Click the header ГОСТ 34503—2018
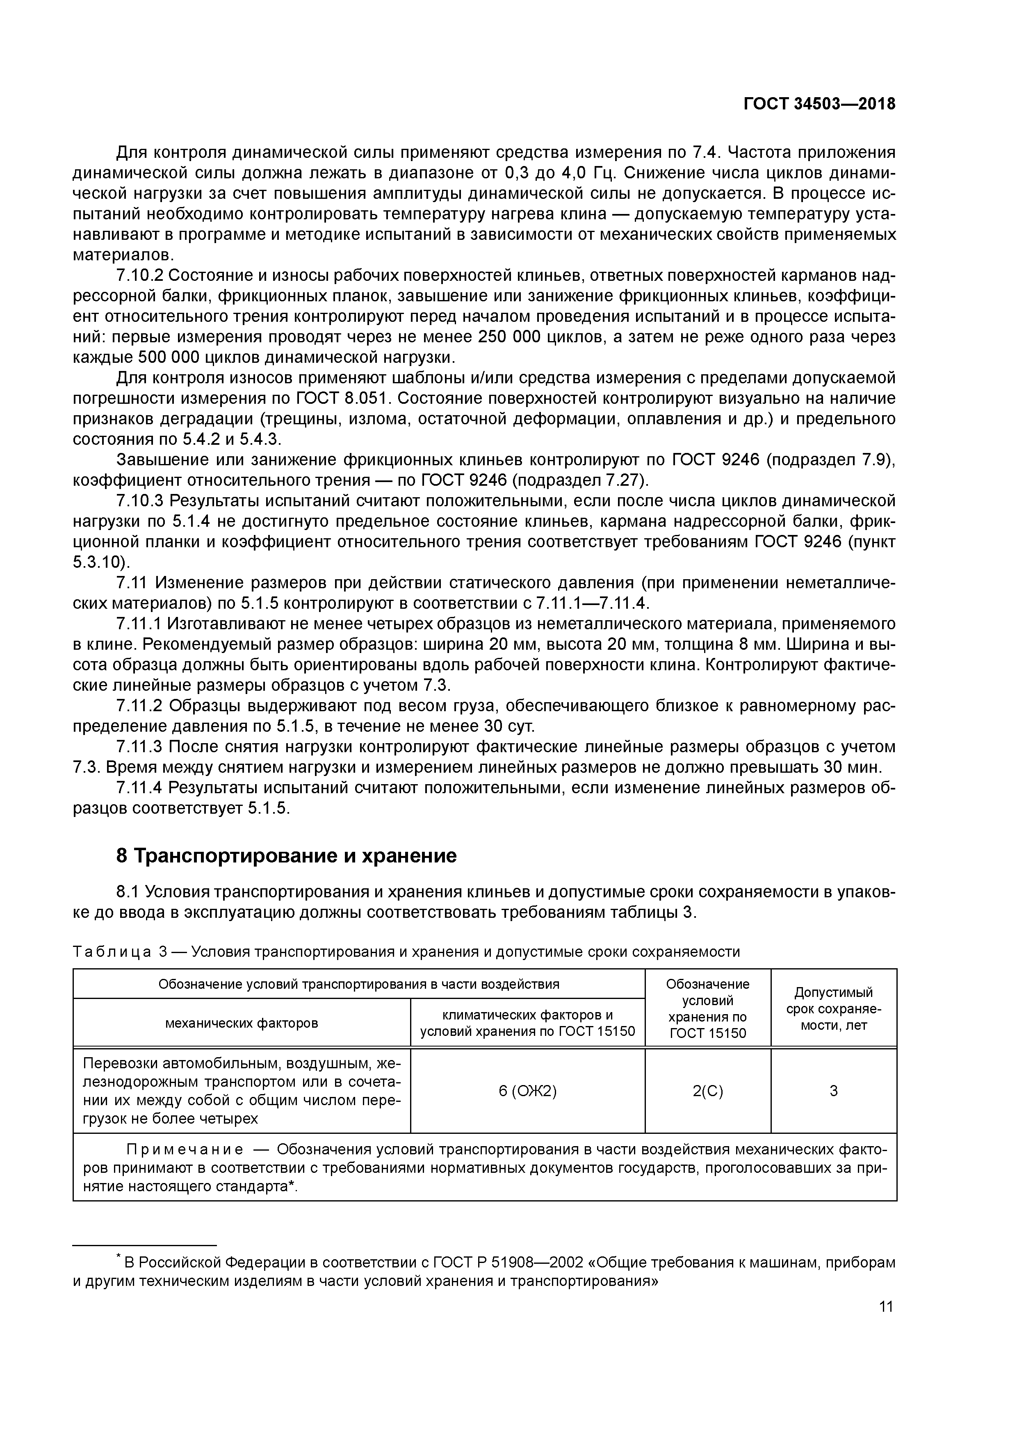pyautogui.click(x=819, y=104)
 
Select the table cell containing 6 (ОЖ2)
pyautogui.click(x=528, y=1091)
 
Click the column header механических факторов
pyautogui.click(x=241, y=1024)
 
